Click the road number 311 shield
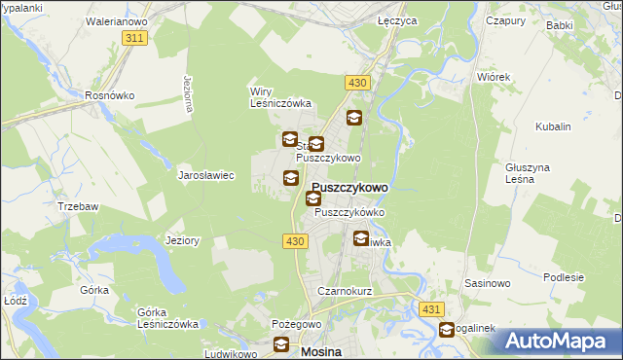135,38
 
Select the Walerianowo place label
116,19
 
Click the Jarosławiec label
206,176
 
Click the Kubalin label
553,126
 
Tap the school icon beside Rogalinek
447,331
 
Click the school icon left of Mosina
281,344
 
